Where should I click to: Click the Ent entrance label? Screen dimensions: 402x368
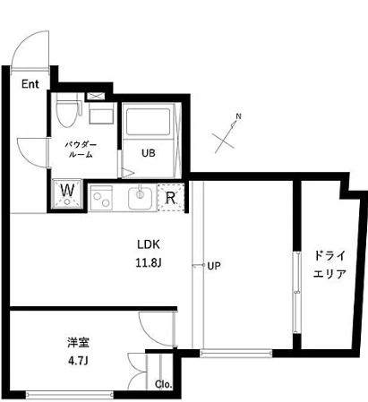pos(30,85)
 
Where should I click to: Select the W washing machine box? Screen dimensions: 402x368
pos(66,192)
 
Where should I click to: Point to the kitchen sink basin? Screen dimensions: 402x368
pos(141,196)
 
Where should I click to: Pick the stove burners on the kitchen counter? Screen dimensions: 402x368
pos(101,196)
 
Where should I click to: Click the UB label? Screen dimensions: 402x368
pos(148,152)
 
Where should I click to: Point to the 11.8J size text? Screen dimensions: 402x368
pos(149,262)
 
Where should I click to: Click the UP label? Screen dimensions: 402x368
pos(215,266)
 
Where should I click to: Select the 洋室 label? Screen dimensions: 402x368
pos(76,342)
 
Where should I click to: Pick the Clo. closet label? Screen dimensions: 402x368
pos(164,384)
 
